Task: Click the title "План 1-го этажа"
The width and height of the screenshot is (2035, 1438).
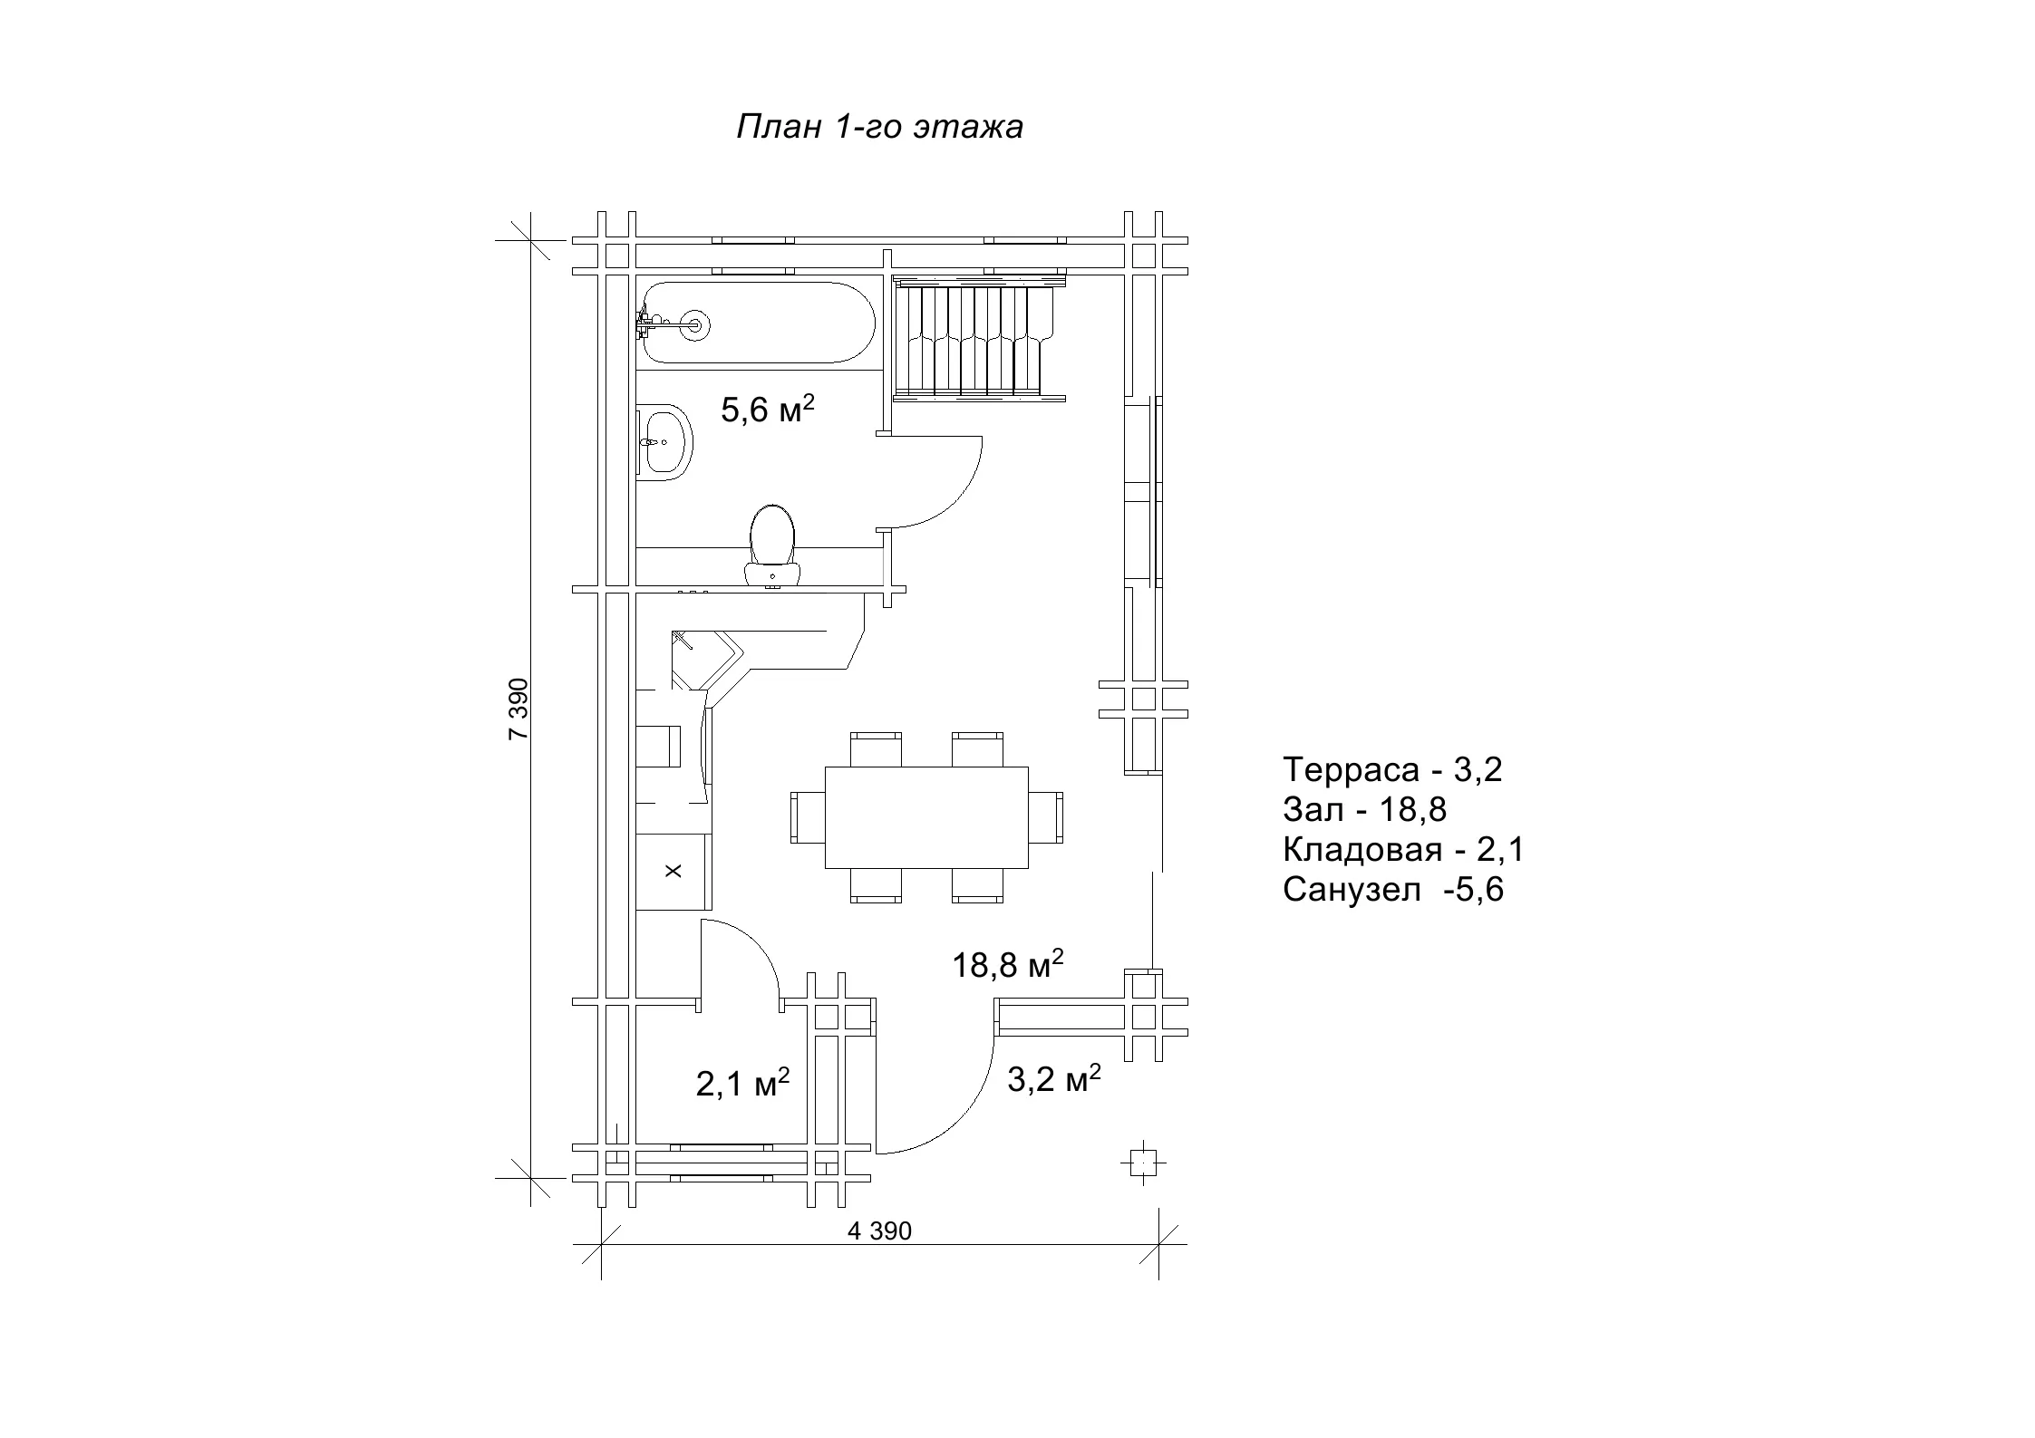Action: (x=879, y=127)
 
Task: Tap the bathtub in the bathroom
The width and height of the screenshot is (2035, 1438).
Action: (x=758, y=323)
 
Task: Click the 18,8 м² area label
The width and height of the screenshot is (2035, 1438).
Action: (x=1007, y=965)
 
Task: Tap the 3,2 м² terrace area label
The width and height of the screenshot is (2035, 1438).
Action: (x=1054, y=1078)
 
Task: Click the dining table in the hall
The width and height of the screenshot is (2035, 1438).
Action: (x=926, y=817)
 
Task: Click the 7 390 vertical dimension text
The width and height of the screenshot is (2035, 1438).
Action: (x=518, y=709)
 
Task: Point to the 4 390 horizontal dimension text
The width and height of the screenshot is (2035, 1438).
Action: (x=879, y=1231)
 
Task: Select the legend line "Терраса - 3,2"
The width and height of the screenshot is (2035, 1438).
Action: (x=1392, y=769)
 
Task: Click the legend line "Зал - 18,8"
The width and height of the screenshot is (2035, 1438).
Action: (x=1364, y=809)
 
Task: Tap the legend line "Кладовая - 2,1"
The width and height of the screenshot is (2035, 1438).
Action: (x=1404, y=849)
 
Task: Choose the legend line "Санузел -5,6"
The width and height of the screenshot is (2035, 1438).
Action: (x=1393, y=889)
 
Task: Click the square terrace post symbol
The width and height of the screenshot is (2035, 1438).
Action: (x=1144, y=1162)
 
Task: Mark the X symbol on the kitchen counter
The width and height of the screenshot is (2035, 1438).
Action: (x=673, y=871)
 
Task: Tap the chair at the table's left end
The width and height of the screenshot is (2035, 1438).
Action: (x=808, y=817)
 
